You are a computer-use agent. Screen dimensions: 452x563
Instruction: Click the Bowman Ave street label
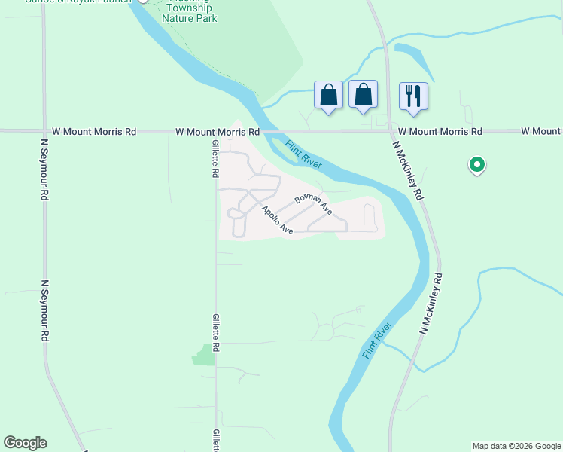tap(313, 203)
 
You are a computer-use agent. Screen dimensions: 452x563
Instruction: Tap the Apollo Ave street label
tap(277, 220)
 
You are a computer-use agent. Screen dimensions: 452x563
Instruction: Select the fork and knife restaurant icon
tap(413, 96)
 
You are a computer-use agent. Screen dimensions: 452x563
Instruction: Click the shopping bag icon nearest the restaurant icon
tap(364, 95)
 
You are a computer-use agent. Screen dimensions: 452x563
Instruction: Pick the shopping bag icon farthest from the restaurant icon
tap(328, 95)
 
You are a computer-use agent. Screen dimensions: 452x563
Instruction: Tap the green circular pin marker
tap(476, 163)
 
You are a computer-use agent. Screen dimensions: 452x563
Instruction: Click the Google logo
tap(25, 443)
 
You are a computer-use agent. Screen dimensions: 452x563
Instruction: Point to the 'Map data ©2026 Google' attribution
tap(516, 446)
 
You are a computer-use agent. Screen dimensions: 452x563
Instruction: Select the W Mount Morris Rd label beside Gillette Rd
tap(218, 132)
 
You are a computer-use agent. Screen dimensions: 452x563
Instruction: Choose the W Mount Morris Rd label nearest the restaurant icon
tap(440, 131)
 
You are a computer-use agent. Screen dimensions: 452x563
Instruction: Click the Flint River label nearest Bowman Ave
tap(303, 154)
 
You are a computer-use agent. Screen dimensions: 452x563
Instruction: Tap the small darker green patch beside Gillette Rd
tap(203, 355)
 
